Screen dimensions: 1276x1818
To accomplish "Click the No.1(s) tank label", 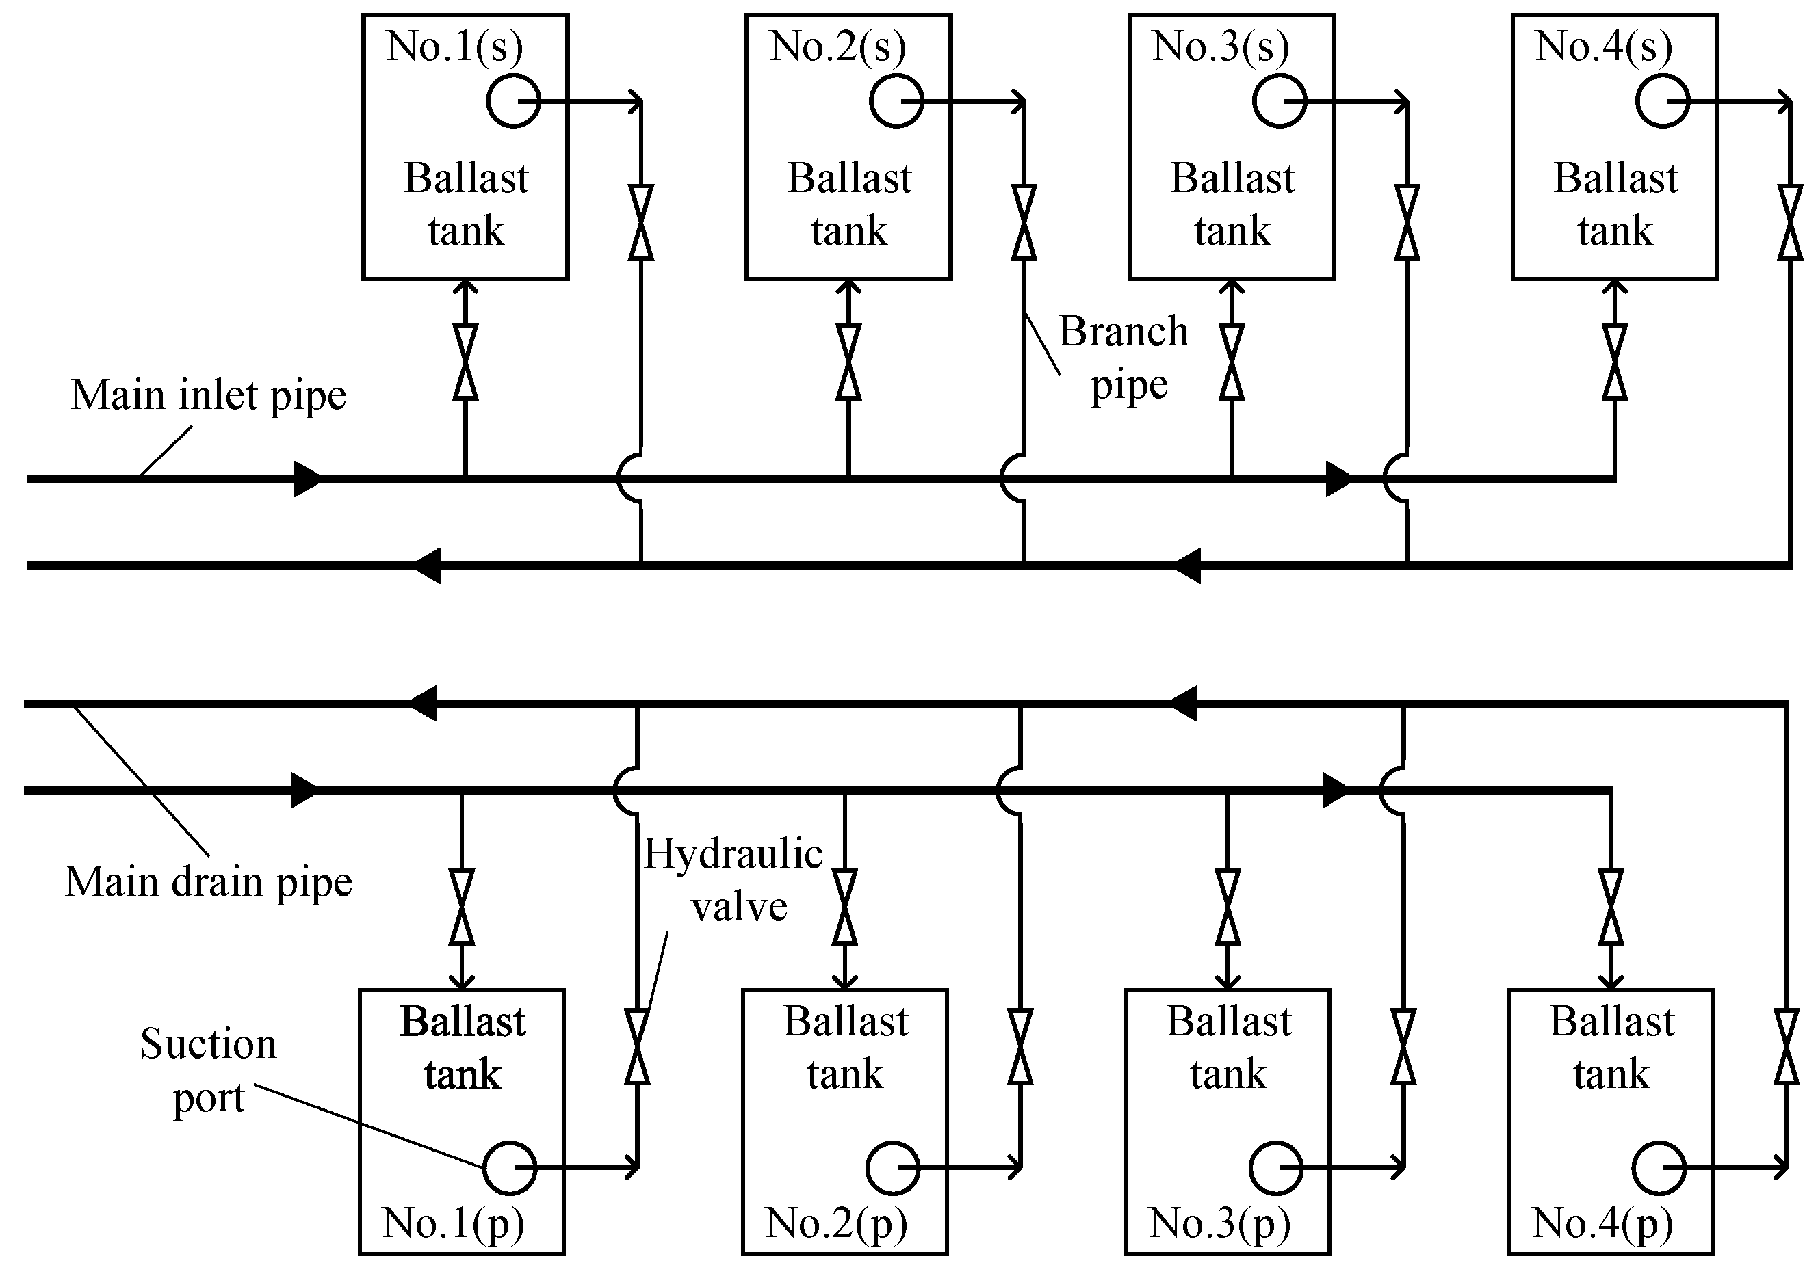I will [x=454, y=46].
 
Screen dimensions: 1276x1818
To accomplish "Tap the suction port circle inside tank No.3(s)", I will [x=1279, y=101].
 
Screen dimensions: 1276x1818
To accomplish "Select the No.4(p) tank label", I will [x=1602, y=1223].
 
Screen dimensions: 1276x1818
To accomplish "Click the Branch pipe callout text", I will [x=1125, y=358].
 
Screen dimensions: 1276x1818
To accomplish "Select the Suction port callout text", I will [x=208, y=1070].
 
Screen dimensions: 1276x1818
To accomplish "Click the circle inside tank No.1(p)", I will [x=510, y=1167].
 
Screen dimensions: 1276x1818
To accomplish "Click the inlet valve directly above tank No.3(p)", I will [x=1228, y=907].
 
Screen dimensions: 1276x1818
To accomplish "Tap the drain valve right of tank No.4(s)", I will [x=1790, y=222].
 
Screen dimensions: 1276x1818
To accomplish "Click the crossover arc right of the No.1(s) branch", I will [x=630, y=478].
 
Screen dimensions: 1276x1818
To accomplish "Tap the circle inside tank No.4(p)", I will [x=1659, y=1167].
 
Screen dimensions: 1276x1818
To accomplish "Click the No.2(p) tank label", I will [x=836, y=1223].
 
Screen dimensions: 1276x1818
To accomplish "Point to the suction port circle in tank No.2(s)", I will [x=896, y=101].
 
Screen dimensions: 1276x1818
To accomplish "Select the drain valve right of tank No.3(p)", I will [x=1403, y=1046].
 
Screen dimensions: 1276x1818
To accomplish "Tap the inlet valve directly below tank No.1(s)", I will [x=465, y=362].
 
